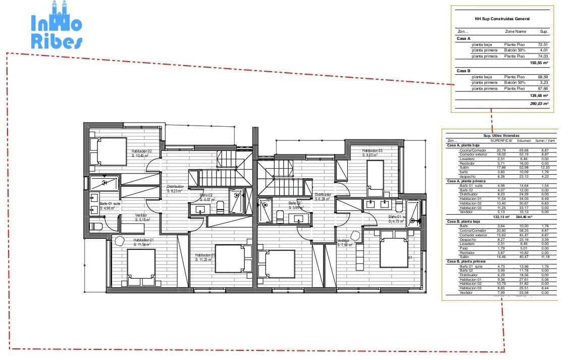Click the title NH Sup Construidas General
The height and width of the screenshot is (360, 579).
502,19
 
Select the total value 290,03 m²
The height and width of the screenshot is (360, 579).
539,103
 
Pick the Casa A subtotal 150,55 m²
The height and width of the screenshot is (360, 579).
539,63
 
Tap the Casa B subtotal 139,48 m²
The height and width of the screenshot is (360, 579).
539,95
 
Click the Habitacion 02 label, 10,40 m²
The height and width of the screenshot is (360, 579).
141,153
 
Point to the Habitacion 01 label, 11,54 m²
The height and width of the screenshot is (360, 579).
143,242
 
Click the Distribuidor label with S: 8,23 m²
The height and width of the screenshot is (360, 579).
175,189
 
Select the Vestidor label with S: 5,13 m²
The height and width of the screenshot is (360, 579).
142,218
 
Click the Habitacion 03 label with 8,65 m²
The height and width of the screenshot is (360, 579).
372,153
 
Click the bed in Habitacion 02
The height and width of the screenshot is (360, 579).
108,149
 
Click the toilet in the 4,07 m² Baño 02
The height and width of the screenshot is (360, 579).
220,205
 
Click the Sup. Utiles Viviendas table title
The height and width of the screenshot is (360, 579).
501,136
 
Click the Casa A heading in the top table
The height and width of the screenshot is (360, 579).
463,38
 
